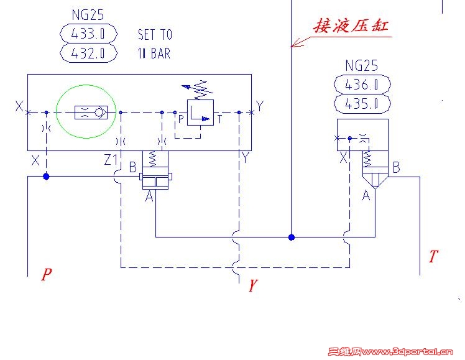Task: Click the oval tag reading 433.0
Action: click(90, 32)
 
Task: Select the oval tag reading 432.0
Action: click(90, 53)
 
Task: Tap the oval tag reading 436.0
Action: click(362, 84)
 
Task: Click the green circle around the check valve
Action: click(86, 113)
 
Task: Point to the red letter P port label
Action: click(46, 274)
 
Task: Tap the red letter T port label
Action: click(433, 256)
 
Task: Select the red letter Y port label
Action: click(252, 286)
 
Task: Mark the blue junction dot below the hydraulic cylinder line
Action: click(291, 237)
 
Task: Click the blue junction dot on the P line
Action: click(46, 177)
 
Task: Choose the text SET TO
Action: click(155, 35)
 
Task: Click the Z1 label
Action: click(111, 160)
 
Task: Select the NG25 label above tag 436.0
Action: click(362, 65)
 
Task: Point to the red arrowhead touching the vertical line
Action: click(297, 44)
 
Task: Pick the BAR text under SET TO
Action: click(160, 53)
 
